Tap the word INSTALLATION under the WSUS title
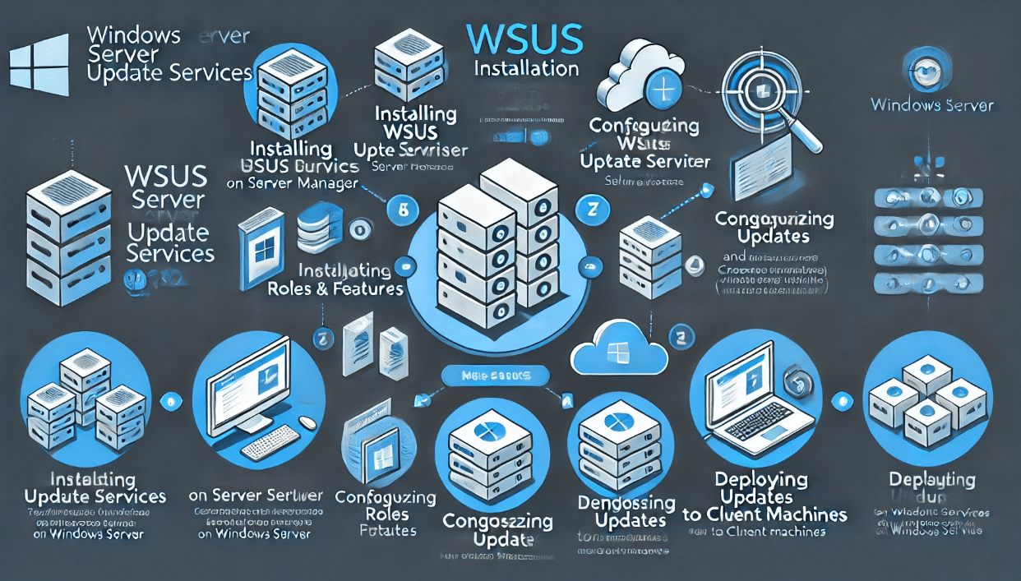(x=527, y=67)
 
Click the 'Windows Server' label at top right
(x=932, y=104)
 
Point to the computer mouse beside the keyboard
(x=307, y=422)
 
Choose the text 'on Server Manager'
(x=292, y=183)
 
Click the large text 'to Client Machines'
(x=765, y=514)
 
